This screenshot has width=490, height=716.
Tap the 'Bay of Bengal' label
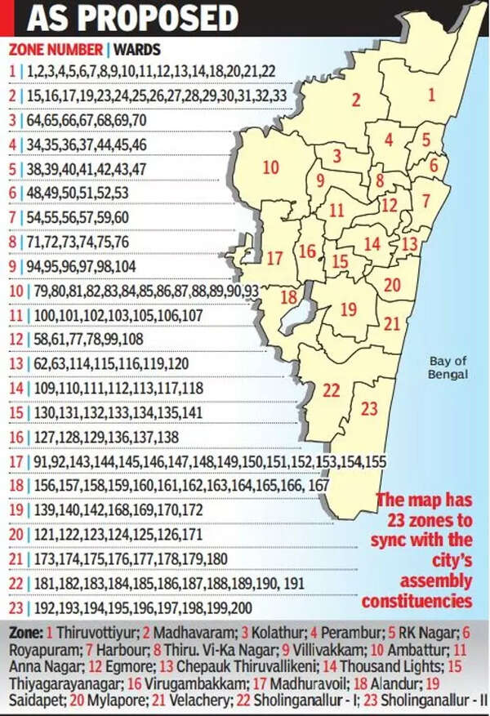click(x=449, y=367)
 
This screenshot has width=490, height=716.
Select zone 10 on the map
click(x=270, y=168)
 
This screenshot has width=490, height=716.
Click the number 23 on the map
click(x=370, y=407)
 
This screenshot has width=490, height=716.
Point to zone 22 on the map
click(x=331, y=391)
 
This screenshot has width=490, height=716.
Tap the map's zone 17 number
click(x=274, y=259)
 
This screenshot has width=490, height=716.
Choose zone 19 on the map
click(x=349, y=309)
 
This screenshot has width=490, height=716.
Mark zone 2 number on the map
click(x=355, y=101)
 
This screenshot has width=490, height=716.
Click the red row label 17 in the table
click(x=15, y=463)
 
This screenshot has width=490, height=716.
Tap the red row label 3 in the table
click(x=11, y=120)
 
